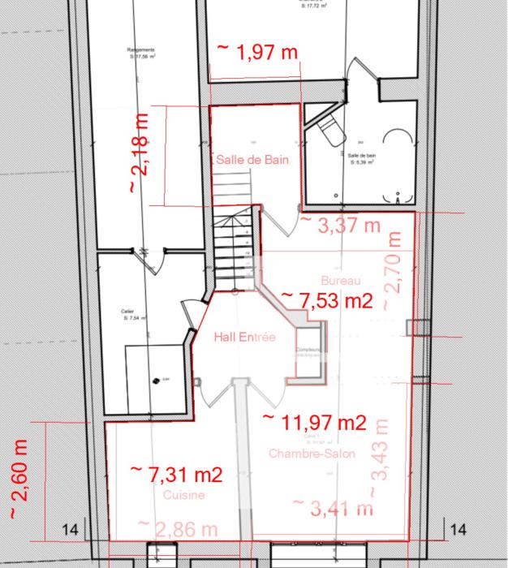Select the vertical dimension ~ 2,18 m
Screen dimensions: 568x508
click(139, 153)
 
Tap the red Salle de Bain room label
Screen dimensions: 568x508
click(252, 160)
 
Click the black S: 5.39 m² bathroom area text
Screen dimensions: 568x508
click(361, 162)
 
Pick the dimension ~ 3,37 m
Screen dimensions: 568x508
click(340, 224)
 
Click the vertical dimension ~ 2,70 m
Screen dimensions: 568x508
click(392, 270)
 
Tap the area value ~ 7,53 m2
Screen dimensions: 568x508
click(326, 300)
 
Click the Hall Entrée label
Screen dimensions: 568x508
click(244, 337)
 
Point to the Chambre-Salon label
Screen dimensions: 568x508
click(312, 454)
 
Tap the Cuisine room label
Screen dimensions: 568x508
click(183, 494)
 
